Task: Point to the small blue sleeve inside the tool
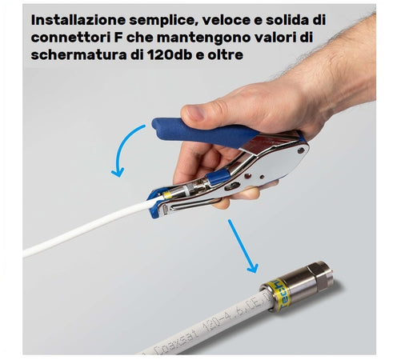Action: tap(216, 178)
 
